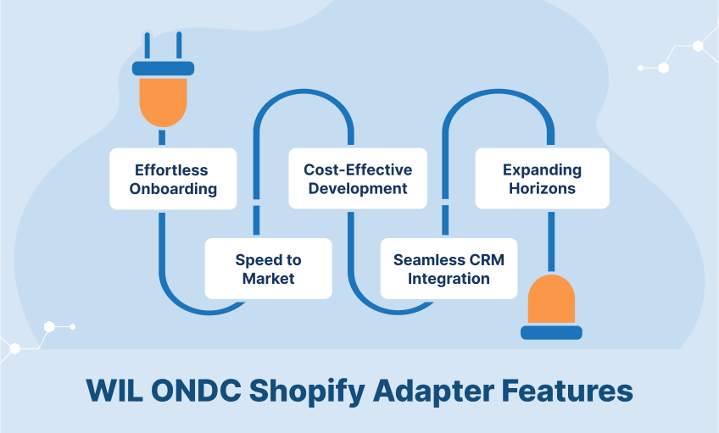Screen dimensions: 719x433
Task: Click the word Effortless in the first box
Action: [x=171, y=170]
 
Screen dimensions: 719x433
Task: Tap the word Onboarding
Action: [x=173, y=189]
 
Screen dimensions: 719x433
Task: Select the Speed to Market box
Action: [x=268, y=269]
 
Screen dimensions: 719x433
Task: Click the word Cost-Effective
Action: [x=358, y=169]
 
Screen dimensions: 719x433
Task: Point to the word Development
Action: [x=358, y=188]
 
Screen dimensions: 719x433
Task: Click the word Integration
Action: [x=449, y=279]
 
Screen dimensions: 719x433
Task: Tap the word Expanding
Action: [x=542, y=170]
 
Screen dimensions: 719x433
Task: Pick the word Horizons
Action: [x=542, y=188]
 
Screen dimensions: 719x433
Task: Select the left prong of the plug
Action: [x=148, y=47]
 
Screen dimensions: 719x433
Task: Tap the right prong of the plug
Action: [x=179, y=47]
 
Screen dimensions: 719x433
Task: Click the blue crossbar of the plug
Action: [x=164, y=69]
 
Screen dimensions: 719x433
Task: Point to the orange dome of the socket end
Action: [x=551, y=299]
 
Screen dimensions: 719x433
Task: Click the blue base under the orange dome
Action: [x=551, y=333]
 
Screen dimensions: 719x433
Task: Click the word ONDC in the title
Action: [x=196, y=391]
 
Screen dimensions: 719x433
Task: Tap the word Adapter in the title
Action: [x=434, y=391]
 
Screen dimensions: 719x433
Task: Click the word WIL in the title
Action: [x=114, y=391]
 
